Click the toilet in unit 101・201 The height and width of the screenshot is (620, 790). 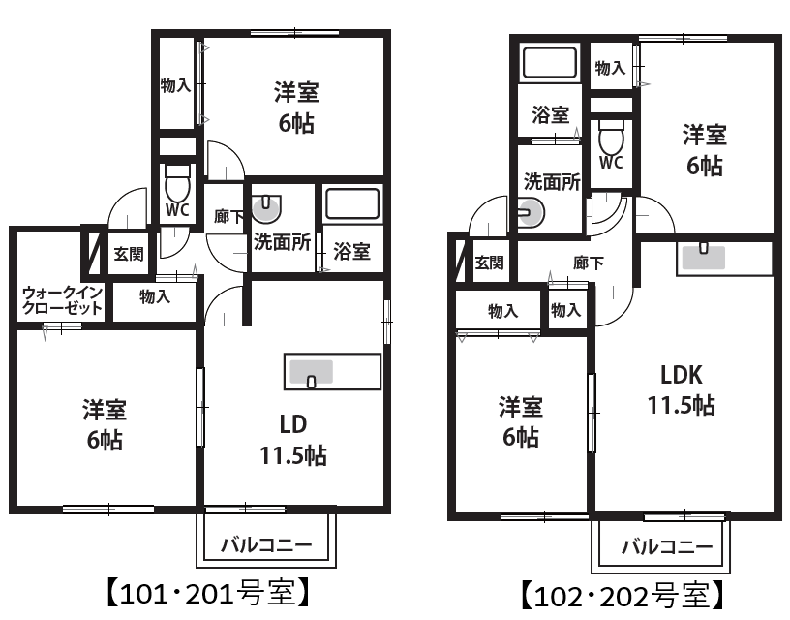tap(177, 183)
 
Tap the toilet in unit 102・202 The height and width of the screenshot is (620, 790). tap(611, 138)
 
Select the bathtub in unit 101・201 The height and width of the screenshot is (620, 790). tap(352, 203)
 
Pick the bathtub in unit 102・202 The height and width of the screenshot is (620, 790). tap(550, 63)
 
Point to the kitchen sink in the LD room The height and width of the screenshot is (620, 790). tap(311, 373)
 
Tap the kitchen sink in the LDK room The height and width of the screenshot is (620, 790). tap(703, 257)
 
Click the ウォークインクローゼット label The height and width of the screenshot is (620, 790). tap(62, 300)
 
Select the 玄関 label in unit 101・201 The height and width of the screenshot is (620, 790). tap(129, 254)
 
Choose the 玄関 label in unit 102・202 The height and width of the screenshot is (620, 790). tap(489, 263)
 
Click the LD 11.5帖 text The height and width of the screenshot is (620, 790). tap(293, 440)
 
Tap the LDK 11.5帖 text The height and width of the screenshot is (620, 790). tap(682, 390)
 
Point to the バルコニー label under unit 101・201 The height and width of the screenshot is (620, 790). tap(266, 544)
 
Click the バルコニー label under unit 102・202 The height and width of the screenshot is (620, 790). tap(667, 547)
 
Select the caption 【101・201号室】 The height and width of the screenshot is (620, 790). tap(207, 593)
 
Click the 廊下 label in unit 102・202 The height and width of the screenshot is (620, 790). tap(589, 263)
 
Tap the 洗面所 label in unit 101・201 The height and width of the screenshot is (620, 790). tap(282, 242)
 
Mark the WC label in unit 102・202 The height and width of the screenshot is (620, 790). tap(611, 163)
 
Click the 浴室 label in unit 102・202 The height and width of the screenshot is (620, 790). tap(551, 115)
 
